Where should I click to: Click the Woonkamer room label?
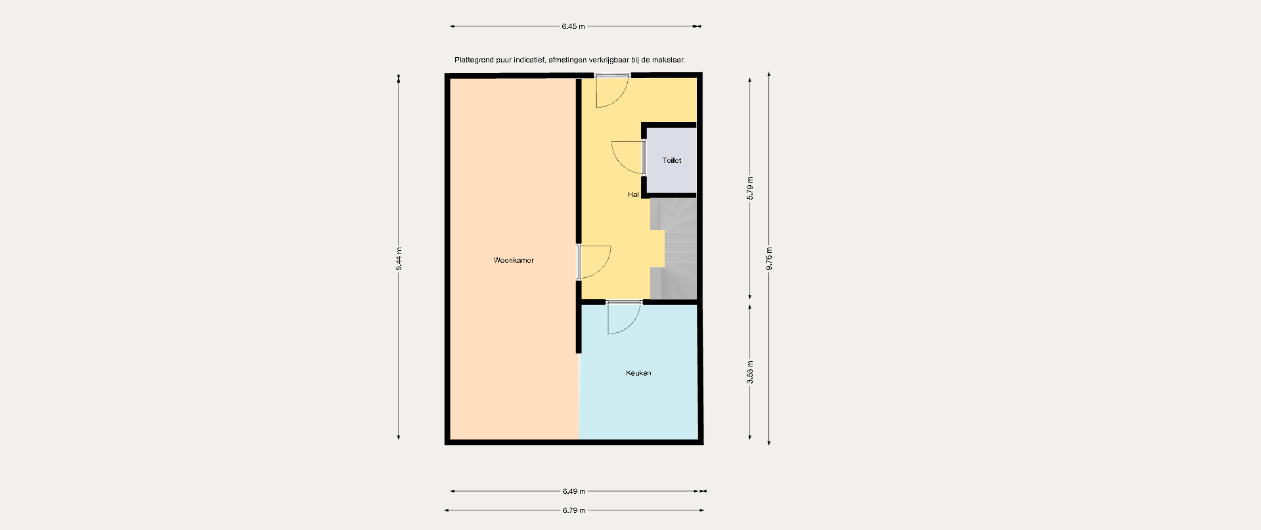[514, 260]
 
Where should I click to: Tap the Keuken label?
[638, 373]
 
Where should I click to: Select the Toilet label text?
[672, 160]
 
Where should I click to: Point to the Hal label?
[633, 194]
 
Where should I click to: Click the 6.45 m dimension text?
[573, 26]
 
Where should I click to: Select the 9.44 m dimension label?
[399, 259]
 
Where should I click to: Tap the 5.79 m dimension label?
[750, 188]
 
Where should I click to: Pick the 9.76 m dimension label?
[769, 258]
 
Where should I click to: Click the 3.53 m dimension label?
[750, 372]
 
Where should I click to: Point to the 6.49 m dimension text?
[573, 491]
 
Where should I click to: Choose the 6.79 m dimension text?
[573, 510]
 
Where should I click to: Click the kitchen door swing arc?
[631, 326]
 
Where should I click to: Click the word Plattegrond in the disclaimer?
[474, 60]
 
